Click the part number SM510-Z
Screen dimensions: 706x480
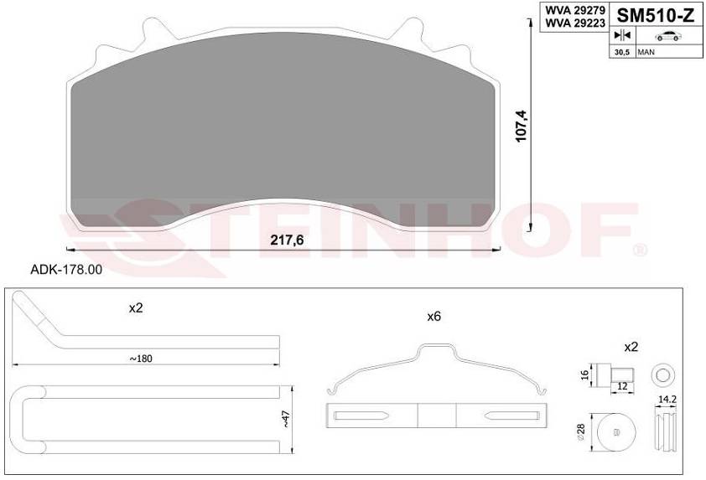tap(655, 16)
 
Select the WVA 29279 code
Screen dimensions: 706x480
tap(575, 10)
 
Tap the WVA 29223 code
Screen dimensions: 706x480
tap(575, 23)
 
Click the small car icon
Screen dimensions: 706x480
tap(668, 36)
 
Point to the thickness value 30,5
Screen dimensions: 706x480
tap(622, 52)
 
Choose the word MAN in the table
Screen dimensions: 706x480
tap(646, 52)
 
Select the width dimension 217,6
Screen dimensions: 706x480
tap(287, 240)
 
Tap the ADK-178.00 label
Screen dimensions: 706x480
tap(66, 270)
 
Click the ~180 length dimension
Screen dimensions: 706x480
tap(141, 359)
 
